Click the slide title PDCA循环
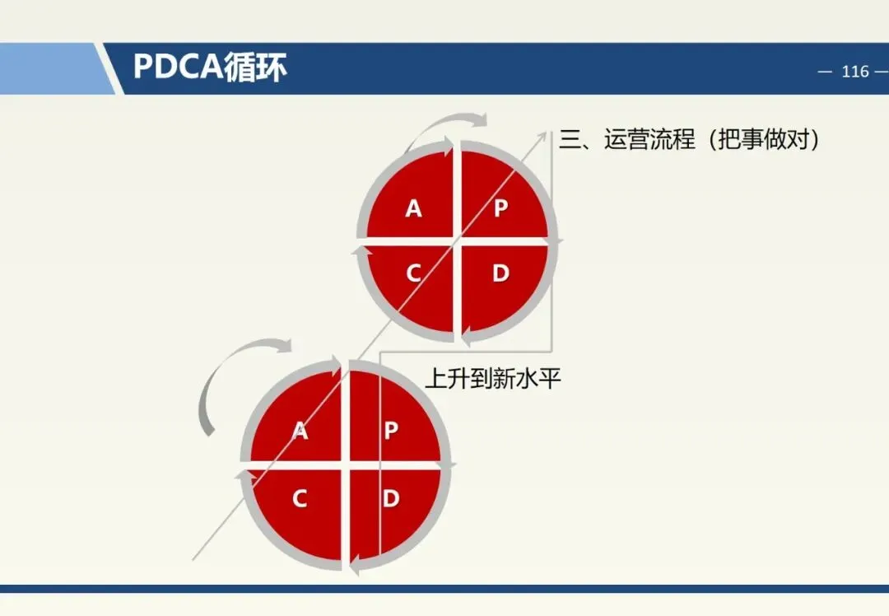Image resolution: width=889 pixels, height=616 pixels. (210, 68)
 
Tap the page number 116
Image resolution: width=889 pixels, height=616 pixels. (855, 72)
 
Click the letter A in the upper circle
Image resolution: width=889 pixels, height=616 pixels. (413, 209)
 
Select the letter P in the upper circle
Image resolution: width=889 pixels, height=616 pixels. (500, 209)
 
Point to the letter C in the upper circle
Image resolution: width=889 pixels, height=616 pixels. (413, 273)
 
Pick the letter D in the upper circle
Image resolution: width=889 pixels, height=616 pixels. (500, 273)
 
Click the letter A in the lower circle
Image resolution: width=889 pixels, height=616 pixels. (300, 431)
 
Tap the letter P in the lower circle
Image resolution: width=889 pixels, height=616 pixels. (391, 431)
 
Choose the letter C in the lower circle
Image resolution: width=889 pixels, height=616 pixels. (300, 498)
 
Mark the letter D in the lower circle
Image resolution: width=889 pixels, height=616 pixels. (391, 498)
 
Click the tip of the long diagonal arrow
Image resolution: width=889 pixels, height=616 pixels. (547, 130)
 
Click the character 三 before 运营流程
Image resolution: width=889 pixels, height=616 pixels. (570, 139)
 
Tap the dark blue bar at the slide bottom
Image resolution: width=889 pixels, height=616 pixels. (444, 589)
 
